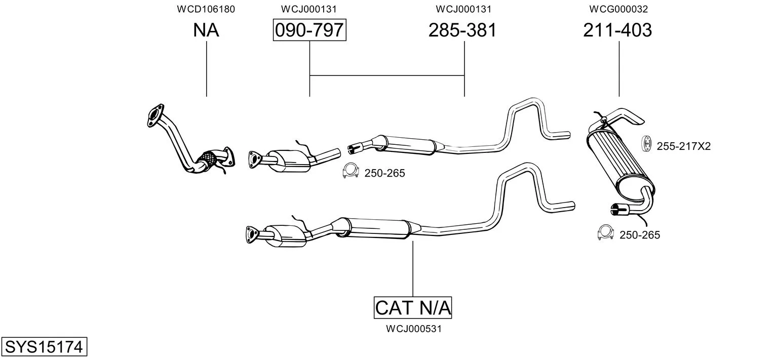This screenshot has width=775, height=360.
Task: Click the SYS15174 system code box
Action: (x=44, y=346)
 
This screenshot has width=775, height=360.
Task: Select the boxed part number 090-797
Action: (x=309, y=30)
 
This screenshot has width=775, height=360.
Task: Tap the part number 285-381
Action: (x=462, y=30)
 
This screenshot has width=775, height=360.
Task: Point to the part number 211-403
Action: (x=617, y=30)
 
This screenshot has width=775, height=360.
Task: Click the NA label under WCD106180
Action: (x=206, y=30)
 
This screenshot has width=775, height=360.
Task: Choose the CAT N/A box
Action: (x=413, y=307)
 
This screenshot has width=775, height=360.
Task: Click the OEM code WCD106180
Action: (x=206, y=9)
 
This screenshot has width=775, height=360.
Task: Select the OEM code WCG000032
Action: (x=618, y=9)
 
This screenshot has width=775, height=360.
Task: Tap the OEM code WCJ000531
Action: (x=414, y=329)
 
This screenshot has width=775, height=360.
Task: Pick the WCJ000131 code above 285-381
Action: (x=463, y=9)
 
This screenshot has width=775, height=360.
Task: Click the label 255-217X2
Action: (x=684, y=146)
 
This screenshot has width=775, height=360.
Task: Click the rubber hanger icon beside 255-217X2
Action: (x=646, y=143)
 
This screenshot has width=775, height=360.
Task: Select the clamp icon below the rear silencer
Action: (x=605, y=232)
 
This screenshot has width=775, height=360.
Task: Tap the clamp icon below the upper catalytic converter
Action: (x=350, y=170)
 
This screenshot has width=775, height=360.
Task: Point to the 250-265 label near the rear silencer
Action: (x=640, y=235)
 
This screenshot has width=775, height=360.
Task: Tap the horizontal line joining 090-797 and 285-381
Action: (x=387, y=75)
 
